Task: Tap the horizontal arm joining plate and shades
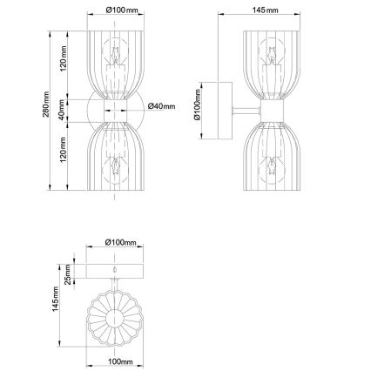tap(246, 111)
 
